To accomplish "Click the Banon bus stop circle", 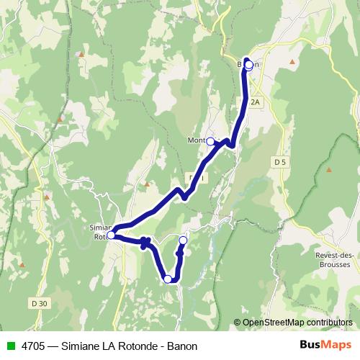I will (x=248, y=65).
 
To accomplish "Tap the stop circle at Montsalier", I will (x=211, y=142).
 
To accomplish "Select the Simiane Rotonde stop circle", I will (x=111, y=235).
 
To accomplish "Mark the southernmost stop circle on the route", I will (x=168, y=279).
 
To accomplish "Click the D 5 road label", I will (x=281, y=163).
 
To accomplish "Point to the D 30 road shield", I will (x=40, y=303).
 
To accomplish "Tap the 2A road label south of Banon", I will (x=255, y=103).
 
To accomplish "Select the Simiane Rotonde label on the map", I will (x=99, y=230).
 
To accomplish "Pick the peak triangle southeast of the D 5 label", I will (x=329, y=170).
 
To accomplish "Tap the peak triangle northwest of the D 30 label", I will (x=47, y=195).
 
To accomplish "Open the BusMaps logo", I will (x=323, y=346).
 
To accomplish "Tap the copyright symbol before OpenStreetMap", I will (x=237, y=322).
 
